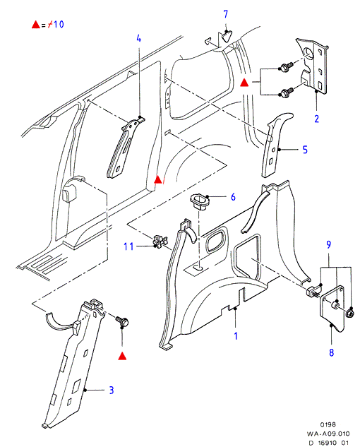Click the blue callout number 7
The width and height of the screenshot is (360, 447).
point(226,14)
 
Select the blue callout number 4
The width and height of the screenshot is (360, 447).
point(139,38)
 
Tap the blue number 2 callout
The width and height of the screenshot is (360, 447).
point(317,119)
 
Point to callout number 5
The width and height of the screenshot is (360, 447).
point(305,150)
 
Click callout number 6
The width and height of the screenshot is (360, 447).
point(233,197)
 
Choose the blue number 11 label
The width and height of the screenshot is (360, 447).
point(128,246)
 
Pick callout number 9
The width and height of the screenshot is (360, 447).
point(329,244)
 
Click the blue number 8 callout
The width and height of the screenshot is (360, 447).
point(332,352)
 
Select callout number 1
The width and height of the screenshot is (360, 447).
point(236,336)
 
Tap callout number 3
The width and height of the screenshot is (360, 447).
point(112,390)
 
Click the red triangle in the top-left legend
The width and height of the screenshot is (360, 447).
point(35,25)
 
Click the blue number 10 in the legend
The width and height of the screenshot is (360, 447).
point(59,25)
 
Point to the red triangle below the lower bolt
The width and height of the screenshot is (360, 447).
point(122,356)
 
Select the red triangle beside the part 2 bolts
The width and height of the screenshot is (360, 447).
point(244,83)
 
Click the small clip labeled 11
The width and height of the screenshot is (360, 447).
point(159,241)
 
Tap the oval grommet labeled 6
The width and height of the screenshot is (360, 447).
point(199,201)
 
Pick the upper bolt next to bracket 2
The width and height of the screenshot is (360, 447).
point(286,67)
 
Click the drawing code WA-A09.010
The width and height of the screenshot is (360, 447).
point(328,434)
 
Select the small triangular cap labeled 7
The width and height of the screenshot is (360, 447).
point(227,37)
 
